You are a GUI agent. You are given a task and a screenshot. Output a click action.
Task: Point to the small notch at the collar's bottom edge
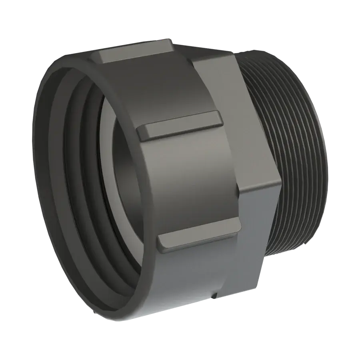(215, 296)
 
